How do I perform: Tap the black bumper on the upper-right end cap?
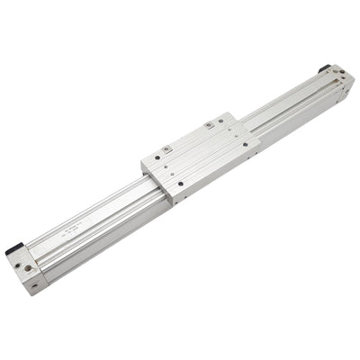point(325,68)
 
